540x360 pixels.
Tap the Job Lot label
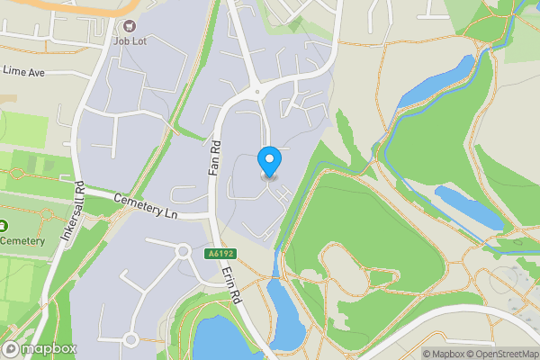click(130, 40)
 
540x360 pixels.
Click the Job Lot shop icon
click(130, 27)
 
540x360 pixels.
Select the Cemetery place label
click(23, 240)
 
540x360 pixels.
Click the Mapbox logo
click(39, 348)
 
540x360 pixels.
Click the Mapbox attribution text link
click(443, 354)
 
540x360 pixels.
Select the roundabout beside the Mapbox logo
click(130, 339)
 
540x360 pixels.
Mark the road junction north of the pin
click(258, 91)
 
